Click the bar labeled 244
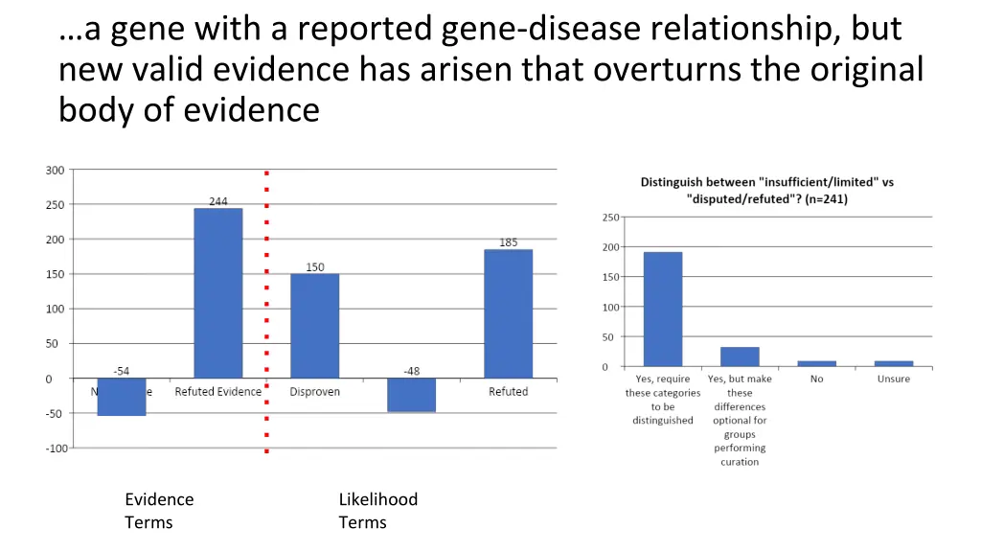pyautogui.click(x=217, y=292)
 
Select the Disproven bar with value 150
pyautogui.click(x=314, y=326)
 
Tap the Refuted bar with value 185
pyautogui.click(x=508, y=313)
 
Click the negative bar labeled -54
pyautogui.click(x=122, y=397)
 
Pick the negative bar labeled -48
pyautogui.click(x=411, y=395)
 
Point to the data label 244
pyautogui.click(x=218, y=201)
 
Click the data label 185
pyautogui.click(x=508, y=242)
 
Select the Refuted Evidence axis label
pyautogui.click(x=217, y=392)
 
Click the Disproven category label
pyautogui.click(x=314, y=392)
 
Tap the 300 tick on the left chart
pyautogui.click(x=55, y=171)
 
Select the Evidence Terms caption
pyautogui.click(x=158, y=511)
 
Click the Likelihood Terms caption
pyautogui.click(x=377, y=511)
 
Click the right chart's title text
pyautogui.click(x=766, y=191)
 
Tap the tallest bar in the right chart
pyautogui.click(x=662, y=310)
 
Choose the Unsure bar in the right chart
pyautogui.click(x=893, y=363)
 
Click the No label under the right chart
pyautogui.click(x=816, y=379)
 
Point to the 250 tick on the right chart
pyautogui.click(x=609, y=218)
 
